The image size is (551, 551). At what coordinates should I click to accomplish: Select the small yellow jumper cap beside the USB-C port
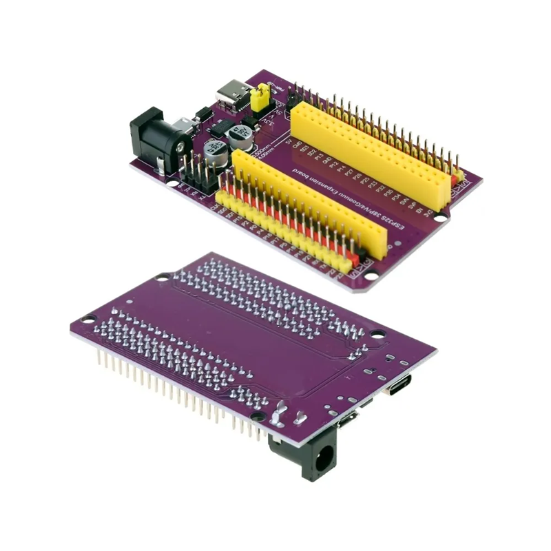[x=260, y=99]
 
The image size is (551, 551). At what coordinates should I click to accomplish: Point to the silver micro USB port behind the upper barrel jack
[x=183, y=126]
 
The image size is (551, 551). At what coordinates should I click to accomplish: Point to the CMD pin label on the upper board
[x=298, y=146]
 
